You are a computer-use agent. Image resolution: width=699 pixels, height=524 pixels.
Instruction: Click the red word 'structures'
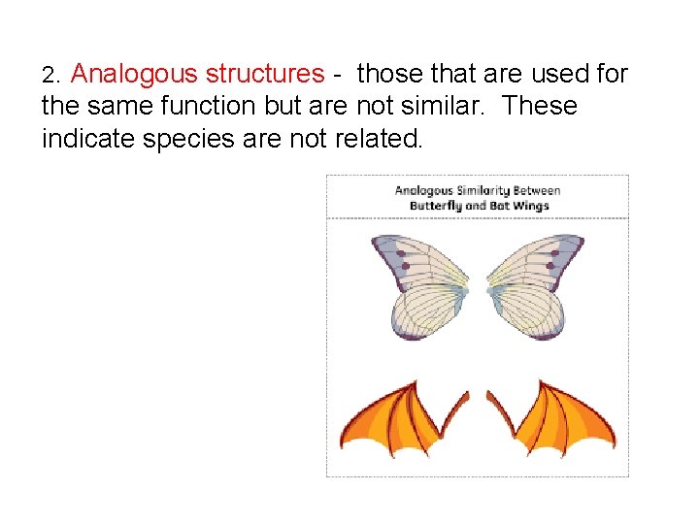264,74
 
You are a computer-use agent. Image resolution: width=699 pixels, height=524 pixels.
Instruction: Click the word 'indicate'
88,138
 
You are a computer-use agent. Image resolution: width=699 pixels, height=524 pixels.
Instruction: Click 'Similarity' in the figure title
474,190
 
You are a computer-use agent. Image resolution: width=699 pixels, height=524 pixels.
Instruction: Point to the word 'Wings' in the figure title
530,205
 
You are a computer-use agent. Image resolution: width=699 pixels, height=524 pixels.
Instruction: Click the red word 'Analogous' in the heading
134,74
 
